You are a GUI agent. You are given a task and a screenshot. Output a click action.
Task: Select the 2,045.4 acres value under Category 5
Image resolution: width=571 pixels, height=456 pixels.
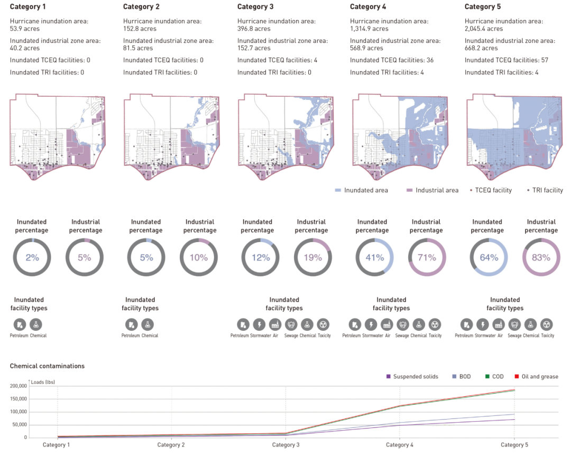[x=484, y=29]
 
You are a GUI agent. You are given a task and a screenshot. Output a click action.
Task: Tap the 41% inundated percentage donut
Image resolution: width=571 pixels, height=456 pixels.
[x=374, y=257]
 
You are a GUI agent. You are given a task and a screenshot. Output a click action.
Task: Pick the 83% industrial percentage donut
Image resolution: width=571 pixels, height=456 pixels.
[x=541, y=257]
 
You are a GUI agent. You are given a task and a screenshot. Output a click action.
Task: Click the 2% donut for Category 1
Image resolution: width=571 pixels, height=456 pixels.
[x=32, y=257]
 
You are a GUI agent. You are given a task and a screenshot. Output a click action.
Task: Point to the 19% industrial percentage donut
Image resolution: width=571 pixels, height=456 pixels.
[x=312, y=257]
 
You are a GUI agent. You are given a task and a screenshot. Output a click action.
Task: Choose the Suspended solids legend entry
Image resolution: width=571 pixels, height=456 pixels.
[x=412, y=377]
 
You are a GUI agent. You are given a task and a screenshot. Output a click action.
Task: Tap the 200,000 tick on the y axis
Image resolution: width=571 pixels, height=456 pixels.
[x=18, y=386]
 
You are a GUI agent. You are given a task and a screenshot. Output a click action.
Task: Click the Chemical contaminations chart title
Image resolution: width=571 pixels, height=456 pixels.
[x=47, y=366]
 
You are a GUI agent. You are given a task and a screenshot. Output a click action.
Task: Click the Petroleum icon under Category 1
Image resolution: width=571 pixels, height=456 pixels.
[x=20, y=324]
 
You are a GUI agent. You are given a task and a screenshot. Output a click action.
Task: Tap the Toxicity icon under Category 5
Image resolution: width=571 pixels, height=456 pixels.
[x=547, y=324]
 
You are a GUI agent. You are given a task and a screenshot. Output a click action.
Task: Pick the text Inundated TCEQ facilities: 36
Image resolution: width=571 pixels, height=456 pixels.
[x=392, y=60]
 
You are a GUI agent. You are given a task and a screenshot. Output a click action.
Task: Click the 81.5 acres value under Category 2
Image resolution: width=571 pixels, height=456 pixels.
[x=138, y=48]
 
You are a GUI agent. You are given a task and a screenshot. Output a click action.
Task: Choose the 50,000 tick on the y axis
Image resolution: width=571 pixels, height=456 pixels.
[x=18, y=425]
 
